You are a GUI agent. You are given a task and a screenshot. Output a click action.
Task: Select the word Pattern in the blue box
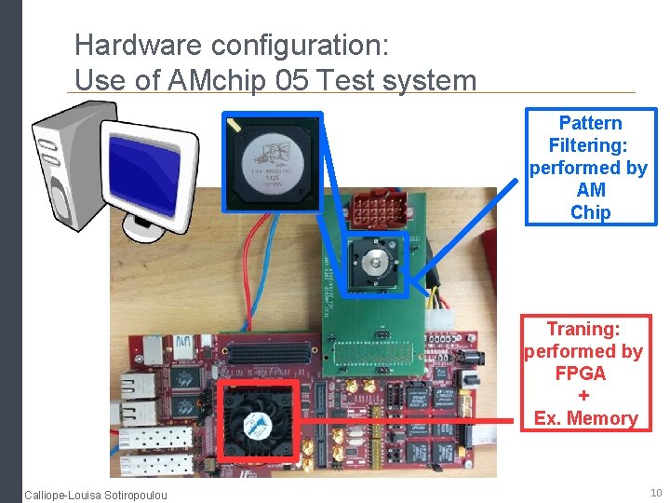click(590, 123)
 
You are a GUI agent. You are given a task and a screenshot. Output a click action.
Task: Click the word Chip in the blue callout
click(590, 212)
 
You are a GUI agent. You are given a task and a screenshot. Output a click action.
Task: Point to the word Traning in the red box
click(583, 329)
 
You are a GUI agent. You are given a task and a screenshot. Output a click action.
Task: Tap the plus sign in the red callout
click(583, 396)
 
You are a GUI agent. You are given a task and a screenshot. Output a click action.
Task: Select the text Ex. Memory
click(585, 418)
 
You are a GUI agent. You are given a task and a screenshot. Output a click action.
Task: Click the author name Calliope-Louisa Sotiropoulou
click(96, 494)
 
